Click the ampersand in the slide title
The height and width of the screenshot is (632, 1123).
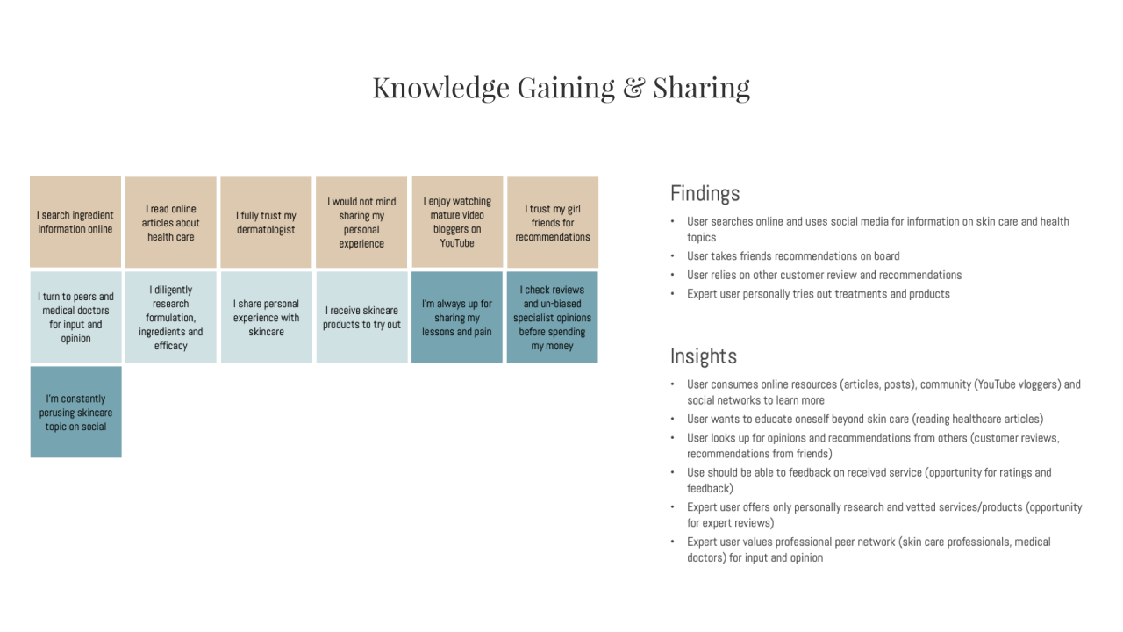[633, 87]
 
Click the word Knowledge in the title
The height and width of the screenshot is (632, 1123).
[441, 89]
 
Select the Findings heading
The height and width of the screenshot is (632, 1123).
[705, 194]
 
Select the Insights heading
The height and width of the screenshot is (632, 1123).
[704, 356]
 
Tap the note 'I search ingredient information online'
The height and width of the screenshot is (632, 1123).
[75, 222]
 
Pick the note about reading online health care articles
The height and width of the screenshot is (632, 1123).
[171, 222]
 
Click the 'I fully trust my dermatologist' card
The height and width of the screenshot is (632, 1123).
[266, 222]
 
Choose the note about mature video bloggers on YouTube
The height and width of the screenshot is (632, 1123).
[457, 222]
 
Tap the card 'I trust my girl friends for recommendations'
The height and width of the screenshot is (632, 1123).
[553, 222]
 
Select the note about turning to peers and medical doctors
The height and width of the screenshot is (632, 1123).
[75, 317]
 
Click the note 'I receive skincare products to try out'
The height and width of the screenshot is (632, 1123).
[362, 317]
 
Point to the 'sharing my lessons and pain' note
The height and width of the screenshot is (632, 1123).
[457, 317]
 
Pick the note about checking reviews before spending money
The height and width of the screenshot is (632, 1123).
[552, 317]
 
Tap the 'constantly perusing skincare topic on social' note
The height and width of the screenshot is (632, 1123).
[75, 412]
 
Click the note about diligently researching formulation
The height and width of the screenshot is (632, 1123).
[171, 317]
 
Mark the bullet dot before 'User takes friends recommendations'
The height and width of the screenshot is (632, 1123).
[673, 256]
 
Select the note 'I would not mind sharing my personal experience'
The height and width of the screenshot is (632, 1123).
[361, 222]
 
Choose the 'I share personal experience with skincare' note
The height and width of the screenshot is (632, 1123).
[266, 317]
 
